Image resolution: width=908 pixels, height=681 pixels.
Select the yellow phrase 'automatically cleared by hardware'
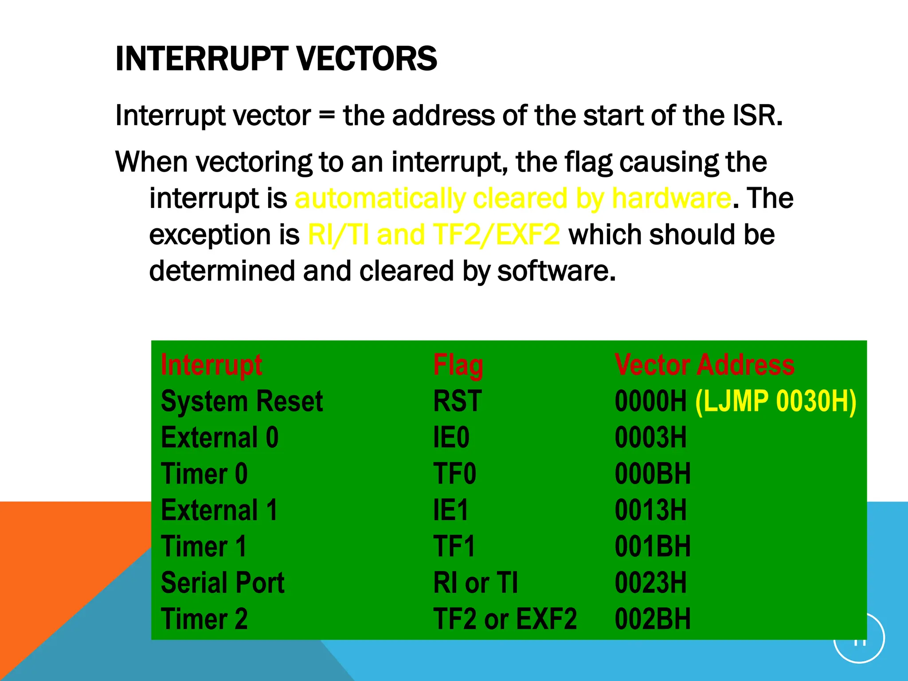point(513,198)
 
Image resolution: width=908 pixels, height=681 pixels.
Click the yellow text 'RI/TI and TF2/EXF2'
point(434,235)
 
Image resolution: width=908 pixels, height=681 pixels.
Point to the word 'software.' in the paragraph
point(556,271)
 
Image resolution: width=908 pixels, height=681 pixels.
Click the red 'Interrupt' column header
point(211,365)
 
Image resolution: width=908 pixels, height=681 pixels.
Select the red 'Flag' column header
point(458,365)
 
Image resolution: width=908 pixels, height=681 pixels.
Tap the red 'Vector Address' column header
point(704,365)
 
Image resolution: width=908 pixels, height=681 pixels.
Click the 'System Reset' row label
point(242,401)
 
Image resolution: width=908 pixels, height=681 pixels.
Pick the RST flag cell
point(457,401)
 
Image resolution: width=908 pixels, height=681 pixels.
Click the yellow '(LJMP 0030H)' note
point(775,401)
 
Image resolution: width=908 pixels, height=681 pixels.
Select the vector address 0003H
point(650,438)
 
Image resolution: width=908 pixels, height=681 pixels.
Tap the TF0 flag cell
point(454,474)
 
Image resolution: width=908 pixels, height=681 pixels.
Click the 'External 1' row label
point(219,510)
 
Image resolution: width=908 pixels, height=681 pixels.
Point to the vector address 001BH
point(652,546)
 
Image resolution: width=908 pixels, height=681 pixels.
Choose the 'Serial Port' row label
point(223,583)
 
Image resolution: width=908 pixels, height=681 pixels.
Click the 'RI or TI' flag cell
point(475,583)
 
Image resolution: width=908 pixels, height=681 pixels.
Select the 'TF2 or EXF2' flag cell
point(505,619)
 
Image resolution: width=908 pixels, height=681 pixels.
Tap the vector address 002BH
point(652,619)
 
